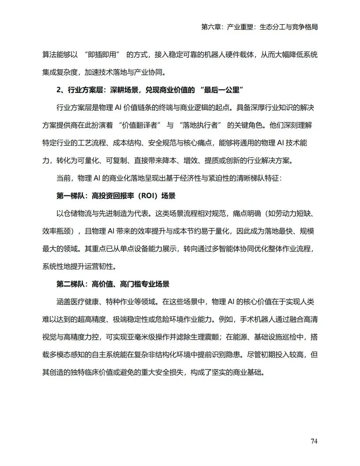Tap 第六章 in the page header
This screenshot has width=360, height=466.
(210, 27)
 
